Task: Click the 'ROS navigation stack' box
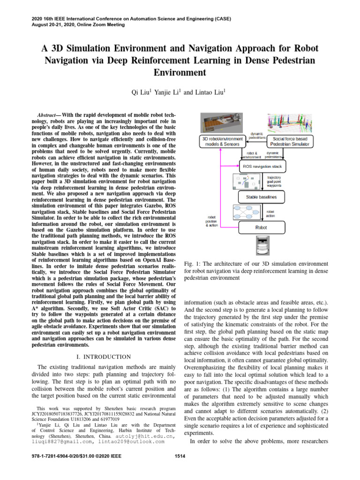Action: [262, 166]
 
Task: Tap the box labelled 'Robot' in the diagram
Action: [261, 227]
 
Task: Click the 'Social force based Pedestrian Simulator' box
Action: [291, 142]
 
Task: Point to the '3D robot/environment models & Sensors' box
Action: [222, 142]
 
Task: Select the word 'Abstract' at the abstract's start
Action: [48, 115]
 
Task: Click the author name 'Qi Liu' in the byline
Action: [142, 93]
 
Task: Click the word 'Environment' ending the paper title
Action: [180, 72]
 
